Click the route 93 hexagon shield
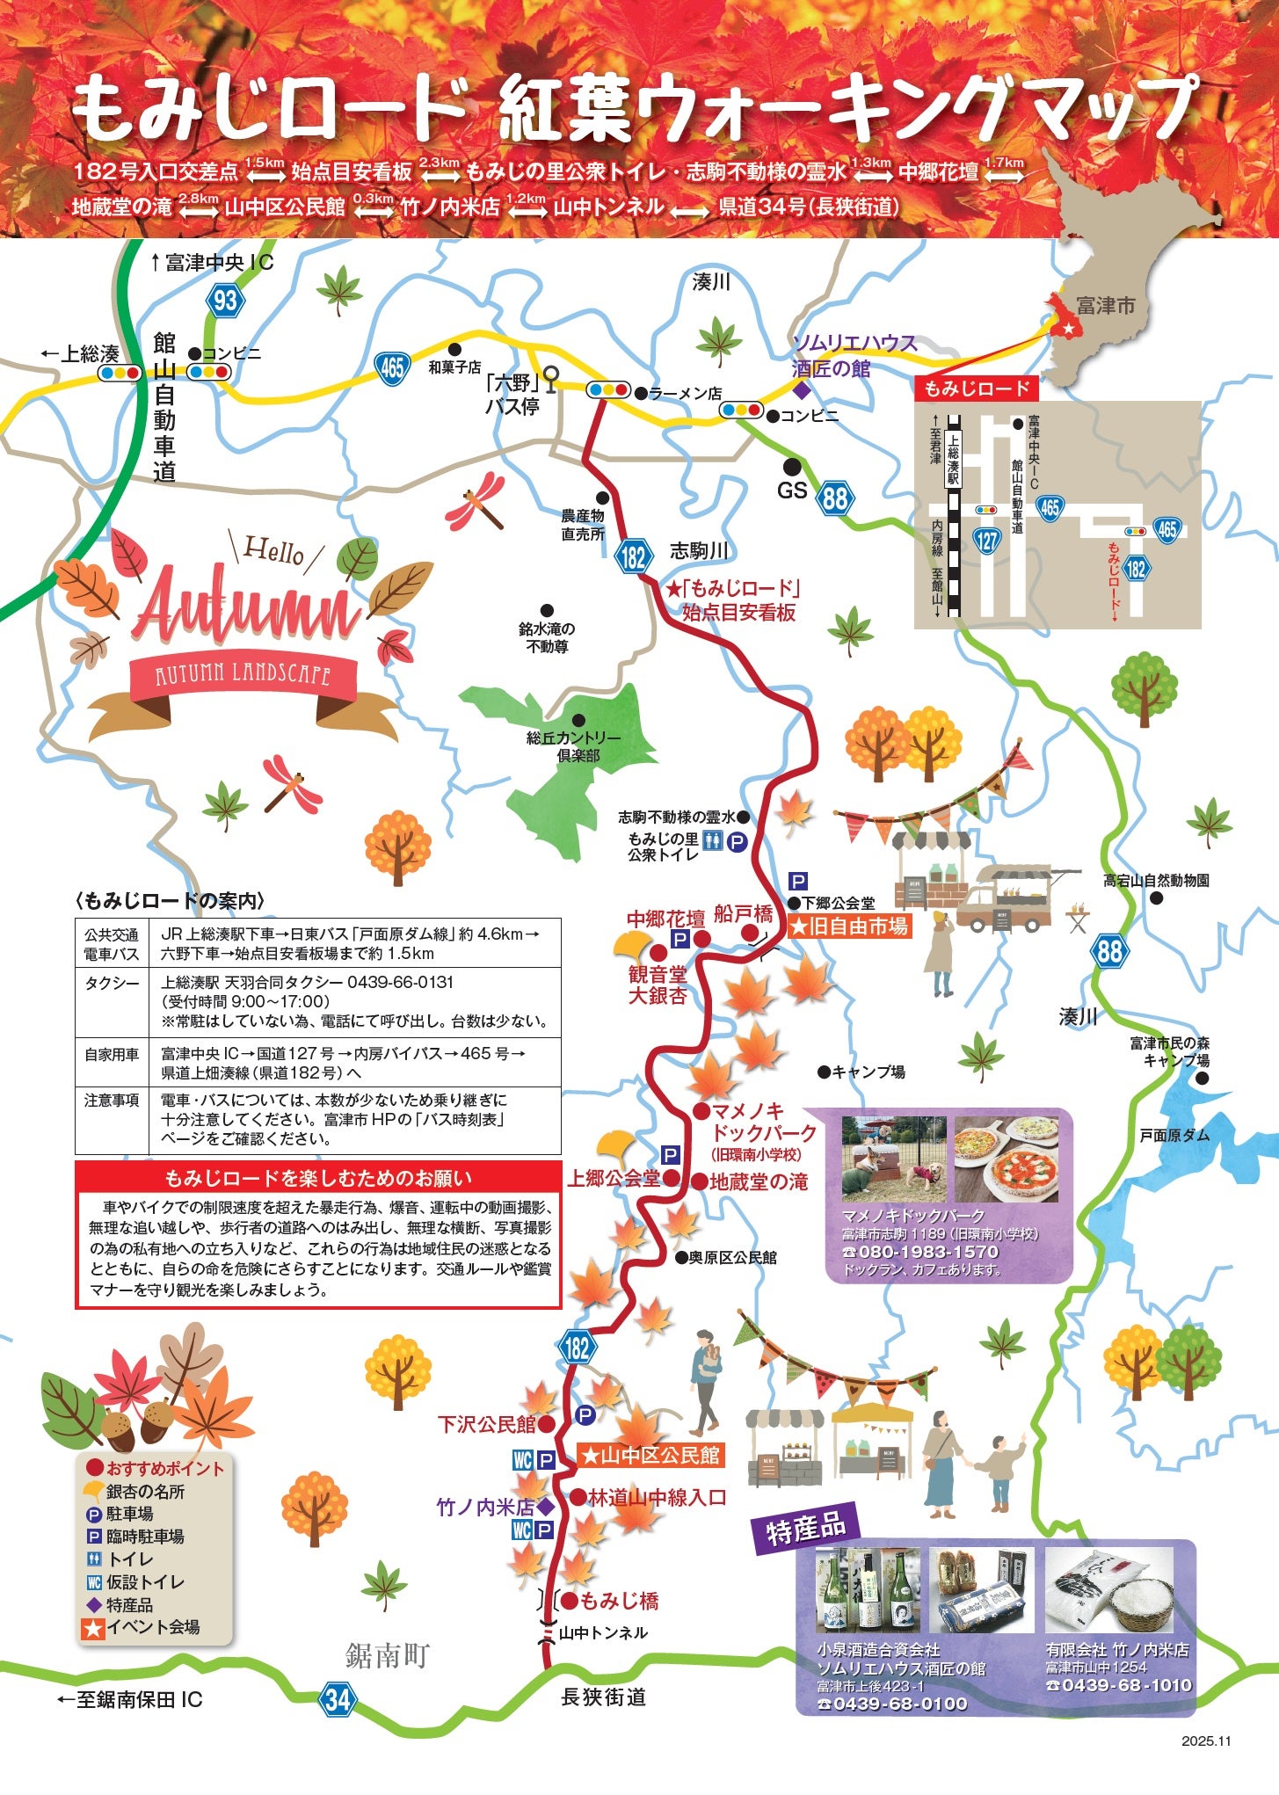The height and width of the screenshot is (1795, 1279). [x=225, y=301]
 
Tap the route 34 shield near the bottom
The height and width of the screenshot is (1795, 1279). [x=338, y=1699]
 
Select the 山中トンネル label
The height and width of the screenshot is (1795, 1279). [x=603, y=1632]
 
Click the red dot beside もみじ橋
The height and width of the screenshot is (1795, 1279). [x=569, y=1601]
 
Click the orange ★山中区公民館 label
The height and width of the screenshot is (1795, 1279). [x=650, y=1456]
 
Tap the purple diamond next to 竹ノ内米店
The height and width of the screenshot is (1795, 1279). [x=545, y=1507]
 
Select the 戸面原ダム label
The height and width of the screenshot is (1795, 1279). [x=1174, y=1135]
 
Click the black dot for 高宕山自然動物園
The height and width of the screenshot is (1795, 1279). [x=1157, y=897]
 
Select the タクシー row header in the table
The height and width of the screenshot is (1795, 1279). [x=112, y=983]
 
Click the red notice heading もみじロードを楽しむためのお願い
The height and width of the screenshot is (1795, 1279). [x=318, y=1178]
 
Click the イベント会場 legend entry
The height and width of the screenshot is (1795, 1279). [x=152, y=1627]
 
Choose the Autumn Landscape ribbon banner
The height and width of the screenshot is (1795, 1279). [x=243, y=675]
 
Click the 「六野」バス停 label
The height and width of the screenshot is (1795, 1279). [x=512, y=394]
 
